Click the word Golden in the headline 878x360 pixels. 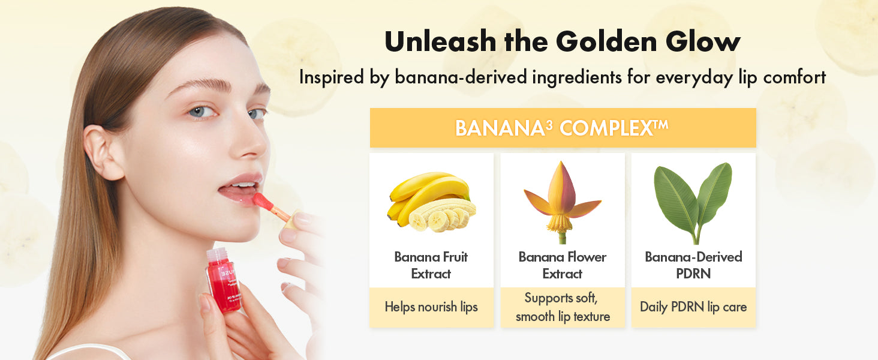pyautogui.click(x=606, y=41)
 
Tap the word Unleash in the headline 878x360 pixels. pyautogui.click(x=441, y=41)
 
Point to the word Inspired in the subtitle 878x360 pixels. pyautogui.click(x=332, y=77)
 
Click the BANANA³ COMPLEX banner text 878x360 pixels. pyautogui.click(x=562, y=128)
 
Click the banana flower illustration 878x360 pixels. pyautogui.click(x=563, y=202)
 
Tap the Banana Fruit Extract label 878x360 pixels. pyautogui.click(x=431, y=265)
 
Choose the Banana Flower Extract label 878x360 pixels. pyautogui.click(x=563, y=265)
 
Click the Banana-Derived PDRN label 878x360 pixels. pyautogui.click(x=693, y=265)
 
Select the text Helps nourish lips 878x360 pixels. pyautogui.click(x=431, y=307)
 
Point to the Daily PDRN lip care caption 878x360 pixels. pyautogui.click(x=693, y=307)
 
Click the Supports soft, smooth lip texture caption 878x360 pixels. pyautogui.click(x=563, y=307)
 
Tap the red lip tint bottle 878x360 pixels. pyautogui.click(x=224, y=280)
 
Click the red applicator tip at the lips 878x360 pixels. pyautogui.click(x=263, y=201)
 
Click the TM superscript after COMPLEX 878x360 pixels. pyautogui.click(x=660, y=124)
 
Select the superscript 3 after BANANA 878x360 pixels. pyautogui.click(x=549, y=125)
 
